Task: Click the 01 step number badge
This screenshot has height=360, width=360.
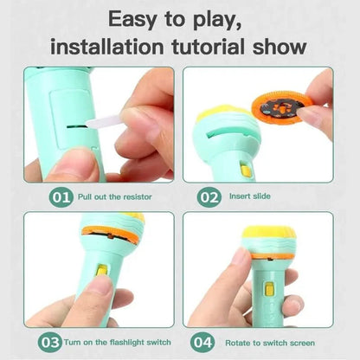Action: click(61, 197)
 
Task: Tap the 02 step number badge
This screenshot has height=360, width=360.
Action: click(209, 197)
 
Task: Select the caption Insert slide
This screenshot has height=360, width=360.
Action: click(249, 197)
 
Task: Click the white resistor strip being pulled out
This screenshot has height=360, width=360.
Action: click(104, 127)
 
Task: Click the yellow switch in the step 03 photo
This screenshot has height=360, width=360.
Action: click(102, 272)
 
